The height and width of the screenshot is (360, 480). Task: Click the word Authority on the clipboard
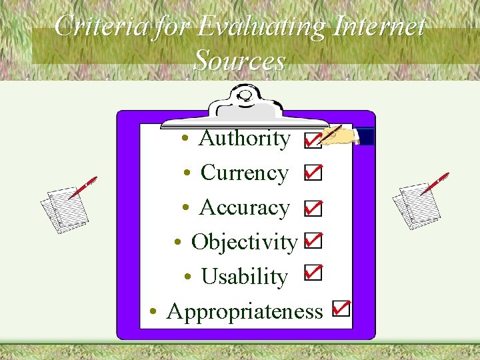pyautogui.click(x=245, y=139)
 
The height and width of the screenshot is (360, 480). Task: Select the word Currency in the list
pyautogui.click(x=244, y=173)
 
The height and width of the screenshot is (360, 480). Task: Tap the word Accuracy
pyautogui.click(x=244, y=208)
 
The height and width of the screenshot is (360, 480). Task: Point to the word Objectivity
pyautogui.click(x=243, y=242)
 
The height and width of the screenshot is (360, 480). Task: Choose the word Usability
pyautogui.click(x=244, y=277)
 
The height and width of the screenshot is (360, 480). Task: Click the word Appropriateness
pyautogui.click(x=245, y=311)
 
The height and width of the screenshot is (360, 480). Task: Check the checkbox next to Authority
pyautogui.click(x=311, y=140)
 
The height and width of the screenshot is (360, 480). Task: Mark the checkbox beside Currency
pyautogui.click(x=312, y=173)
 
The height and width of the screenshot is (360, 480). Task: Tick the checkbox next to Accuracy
pyautogui.click(x=312, y=208)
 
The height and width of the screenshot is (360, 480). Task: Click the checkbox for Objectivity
pyautogui.click(x=312, y=241)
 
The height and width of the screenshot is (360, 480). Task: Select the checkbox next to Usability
pyautogui.click(x=312, y=273)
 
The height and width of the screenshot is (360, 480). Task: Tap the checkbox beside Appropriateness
pyautogui.click(x=341, y=308)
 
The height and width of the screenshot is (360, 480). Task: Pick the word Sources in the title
pyautogui.click(x=239, y=61)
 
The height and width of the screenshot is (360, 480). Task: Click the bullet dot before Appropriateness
pyautogui.click(x=153, y=311)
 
